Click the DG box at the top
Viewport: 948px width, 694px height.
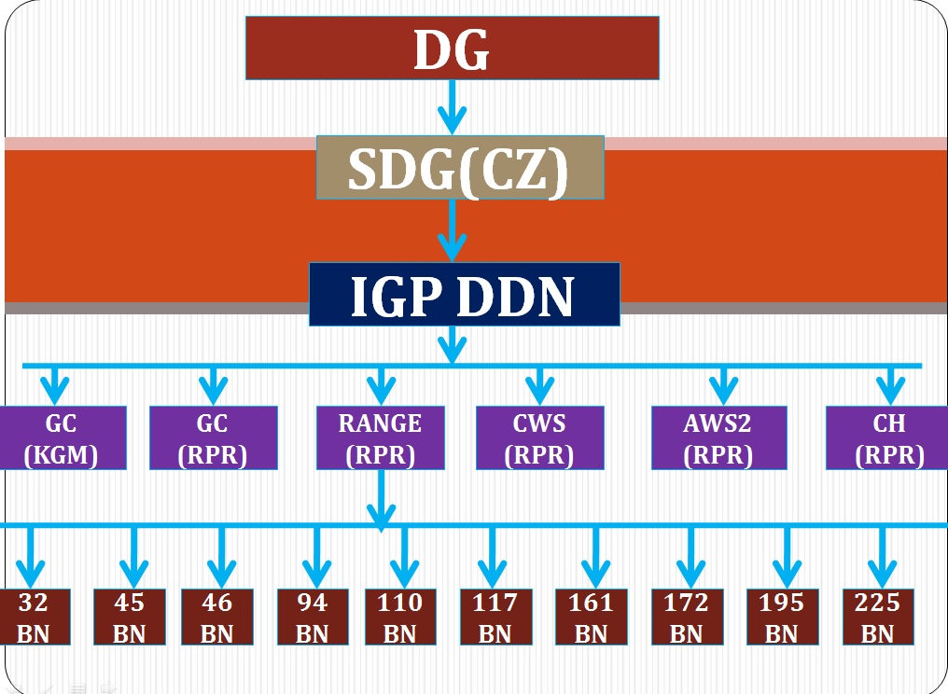(452, 48)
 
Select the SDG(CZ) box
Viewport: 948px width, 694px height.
(459, 167)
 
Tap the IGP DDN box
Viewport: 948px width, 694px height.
(464, 294)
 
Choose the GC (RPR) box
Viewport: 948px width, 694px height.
(213, 437)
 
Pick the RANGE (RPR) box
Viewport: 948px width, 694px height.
(380, 437)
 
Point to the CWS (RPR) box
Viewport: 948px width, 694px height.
(538, 437)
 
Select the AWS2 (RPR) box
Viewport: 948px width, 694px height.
(718, 437)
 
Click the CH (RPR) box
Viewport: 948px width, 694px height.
(888, 437)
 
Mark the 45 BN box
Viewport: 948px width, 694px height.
(130, 617)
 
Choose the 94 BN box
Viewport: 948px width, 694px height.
(313, 617)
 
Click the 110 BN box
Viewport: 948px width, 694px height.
(400, 617)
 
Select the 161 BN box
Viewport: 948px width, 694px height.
(591, 617)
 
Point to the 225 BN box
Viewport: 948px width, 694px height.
(877, 617)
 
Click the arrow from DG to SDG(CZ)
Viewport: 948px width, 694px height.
(452, 107)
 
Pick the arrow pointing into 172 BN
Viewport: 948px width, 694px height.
(690, 558)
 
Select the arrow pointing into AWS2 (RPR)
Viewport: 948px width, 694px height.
(722, 384)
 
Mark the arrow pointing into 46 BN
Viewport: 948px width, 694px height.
(221, 558)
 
